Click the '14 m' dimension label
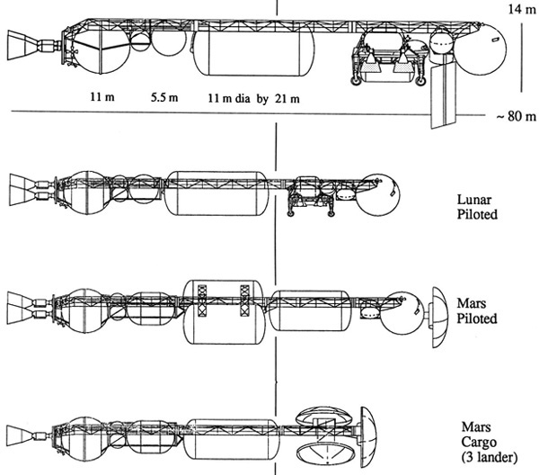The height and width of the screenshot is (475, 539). point(522,9)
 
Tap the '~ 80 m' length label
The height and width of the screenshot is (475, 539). point(517,116)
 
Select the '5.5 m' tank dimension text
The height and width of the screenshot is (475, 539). point(164,97)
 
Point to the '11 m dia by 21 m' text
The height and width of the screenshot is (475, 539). point(253,99)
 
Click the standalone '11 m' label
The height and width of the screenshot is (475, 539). point(102,97)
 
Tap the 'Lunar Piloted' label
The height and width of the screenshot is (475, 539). point(477,207)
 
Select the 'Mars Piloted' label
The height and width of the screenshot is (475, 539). point(477,311)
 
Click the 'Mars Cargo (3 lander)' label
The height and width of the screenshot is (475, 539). point(490,443)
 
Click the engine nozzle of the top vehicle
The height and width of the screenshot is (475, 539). point(23,46)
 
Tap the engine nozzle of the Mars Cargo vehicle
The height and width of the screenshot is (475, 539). point(22,435)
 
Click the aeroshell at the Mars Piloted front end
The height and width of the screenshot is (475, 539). point(440,317)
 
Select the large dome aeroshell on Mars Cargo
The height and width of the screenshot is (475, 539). point(368,437)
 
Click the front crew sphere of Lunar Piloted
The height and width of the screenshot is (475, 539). point(378,195)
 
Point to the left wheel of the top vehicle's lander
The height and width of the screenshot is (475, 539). point(356,81)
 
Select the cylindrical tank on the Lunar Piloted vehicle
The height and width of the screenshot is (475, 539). point(216,193)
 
